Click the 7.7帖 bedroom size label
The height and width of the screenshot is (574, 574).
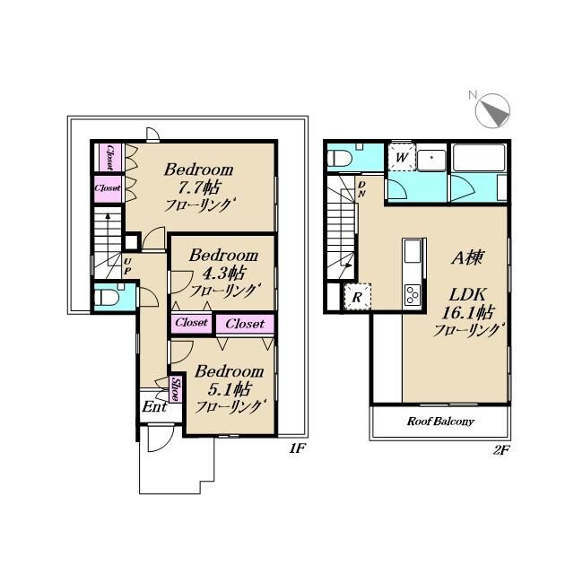point(199,187)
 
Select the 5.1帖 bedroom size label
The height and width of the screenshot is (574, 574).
point(230,388)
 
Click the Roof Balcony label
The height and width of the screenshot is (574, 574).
point(440,421)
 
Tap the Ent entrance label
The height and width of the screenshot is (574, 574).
point(154,406)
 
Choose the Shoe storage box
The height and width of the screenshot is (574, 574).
point(175,389)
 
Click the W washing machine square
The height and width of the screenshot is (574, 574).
point(402,158)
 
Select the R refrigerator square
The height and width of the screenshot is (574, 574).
point(357,297)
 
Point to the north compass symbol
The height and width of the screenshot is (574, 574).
point(492,110)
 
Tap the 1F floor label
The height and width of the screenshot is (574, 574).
point(297,448)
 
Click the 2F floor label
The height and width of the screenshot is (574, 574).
point(501,450)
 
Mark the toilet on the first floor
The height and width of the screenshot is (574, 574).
point(106,297)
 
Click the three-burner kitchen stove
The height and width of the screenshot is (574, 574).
point(413,294)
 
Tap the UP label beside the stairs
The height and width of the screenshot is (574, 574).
point(127,266)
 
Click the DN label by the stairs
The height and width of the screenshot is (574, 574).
point(361,189)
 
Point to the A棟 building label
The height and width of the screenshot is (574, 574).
point(467,257)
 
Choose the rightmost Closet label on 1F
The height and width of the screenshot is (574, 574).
point(245,324)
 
